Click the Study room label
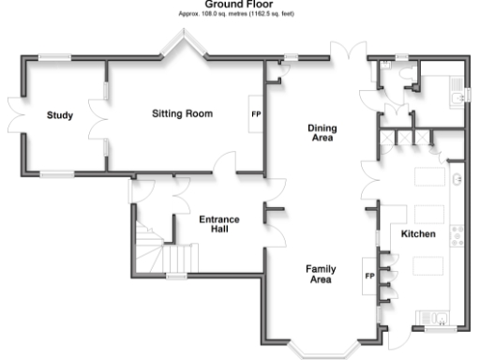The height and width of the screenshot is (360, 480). tap(60, 116)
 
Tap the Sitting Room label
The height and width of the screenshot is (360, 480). tap(182, 113)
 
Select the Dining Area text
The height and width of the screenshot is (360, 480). tap(323, 133)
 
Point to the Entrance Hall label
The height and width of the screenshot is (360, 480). tap(219, 224)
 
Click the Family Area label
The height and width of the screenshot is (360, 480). tap(322, 274)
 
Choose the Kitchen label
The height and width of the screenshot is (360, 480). tap(417, 233)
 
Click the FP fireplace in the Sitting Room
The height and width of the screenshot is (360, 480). tap(255, 114)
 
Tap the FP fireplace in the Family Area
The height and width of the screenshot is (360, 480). tap(369, 276)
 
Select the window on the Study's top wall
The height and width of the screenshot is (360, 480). tap(55, 58)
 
